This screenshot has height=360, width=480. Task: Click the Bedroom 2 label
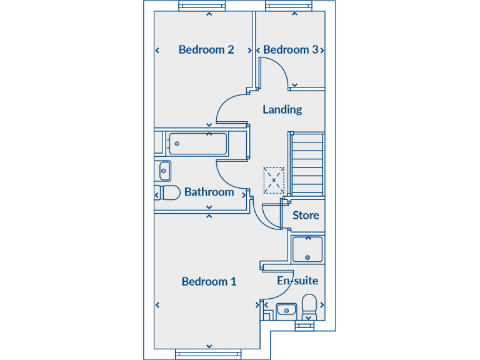pyautogui.click(x=206, y=50)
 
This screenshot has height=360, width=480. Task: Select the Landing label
pyautogui.click(x=282, y=109)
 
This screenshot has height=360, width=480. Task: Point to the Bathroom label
pyautogui.click(x=209, y=192)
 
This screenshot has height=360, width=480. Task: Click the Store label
pyautogui.click(x=306, y=215)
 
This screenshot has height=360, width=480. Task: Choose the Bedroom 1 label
pyautogui.click(x=209, y=281)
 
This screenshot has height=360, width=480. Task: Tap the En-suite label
pyautogui.click(x=297, y=281)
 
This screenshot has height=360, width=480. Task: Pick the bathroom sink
pyautogui.click(x=164, y=169)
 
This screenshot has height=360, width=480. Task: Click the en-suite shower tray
pyautogui.click(x=307, y=249)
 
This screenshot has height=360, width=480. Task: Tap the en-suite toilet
pyautogui.click(x=309, y=306)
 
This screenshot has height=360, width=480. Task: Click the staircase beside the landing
pyautogui.click(x=306, y=164)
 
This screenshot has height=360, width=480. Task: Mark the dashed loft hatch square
pyautogui.click(x=274, y=180)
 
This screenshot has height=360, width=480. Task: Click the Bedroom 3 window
pyautogui.click(x=289, y=7)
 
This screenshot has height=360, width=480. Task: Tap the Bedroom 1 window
pyautogui.click(x=208, y=354)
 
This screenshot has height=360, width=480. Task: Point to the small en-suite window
pyautogui.click(x=305, y=325)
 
